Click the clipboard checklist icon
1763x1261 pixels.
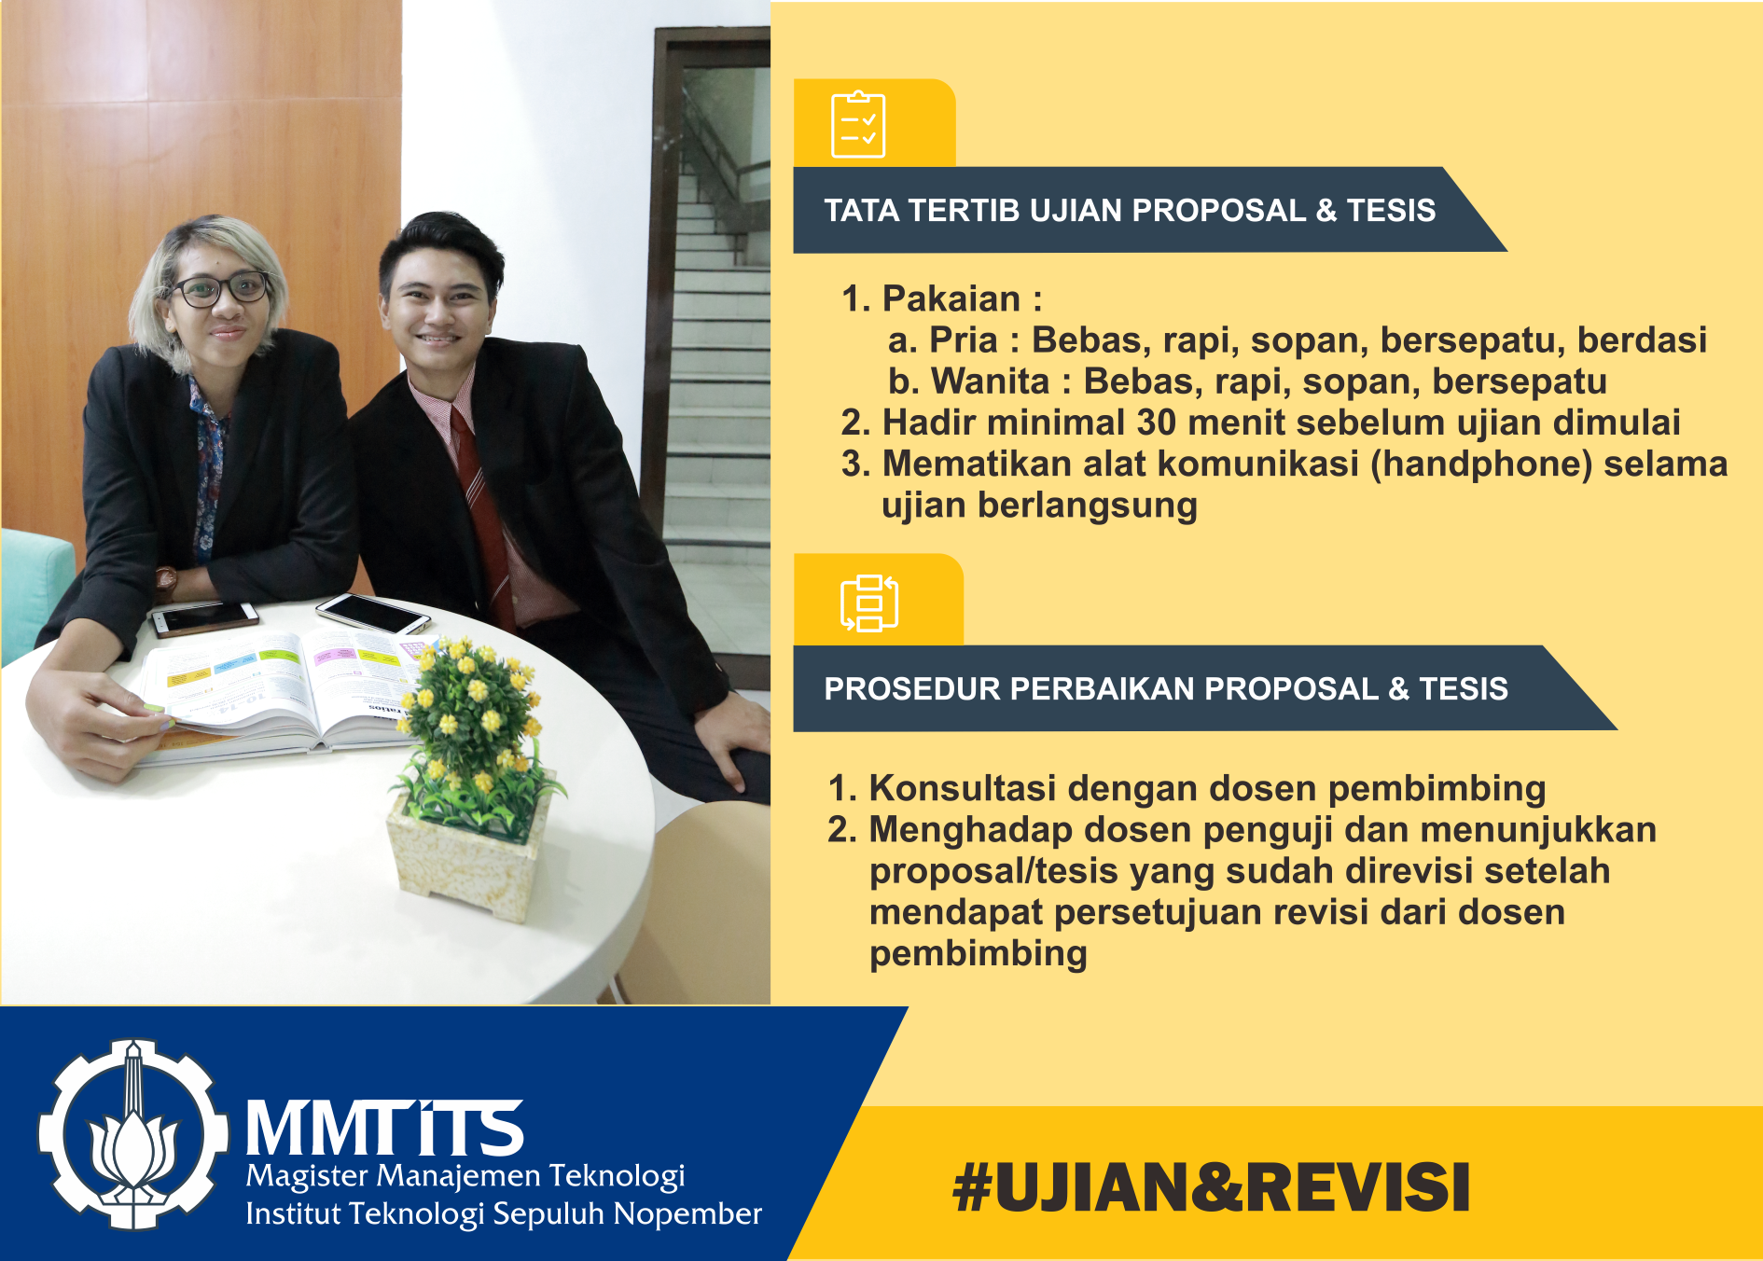[858, 125]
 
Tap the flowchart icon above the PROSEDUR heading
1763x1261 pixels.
[869, 603]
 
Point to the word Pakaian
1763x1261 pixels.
[951, 299]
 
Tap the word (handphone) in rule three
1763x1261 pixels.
[1480, 464]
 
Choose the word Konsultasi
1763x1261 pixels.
[963, 788]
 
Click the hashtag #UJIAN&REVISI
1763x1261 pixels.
[1211, 1187]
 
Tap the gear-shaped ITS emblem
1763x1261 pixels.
[133, 1134]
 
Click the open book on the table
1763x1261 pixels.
[280, 695]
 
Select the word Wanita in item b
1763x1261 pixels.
[991, 381]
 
